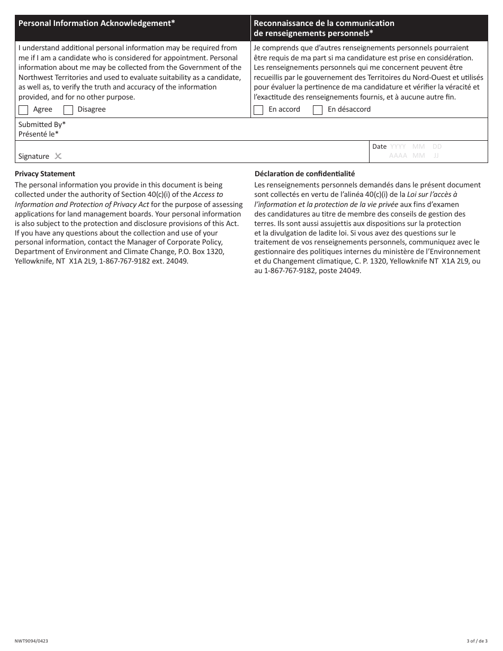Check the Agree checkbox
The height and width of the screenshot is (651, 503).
(23, 110)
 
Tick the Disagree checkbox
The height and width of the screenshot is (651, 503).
(68, 110)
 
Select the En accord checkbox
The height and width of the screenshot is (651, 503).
(258, 110)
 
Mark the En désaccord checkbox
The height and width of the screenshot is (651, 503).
(318, 110)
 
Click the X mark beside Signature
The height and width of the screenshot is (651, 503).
(58, 156)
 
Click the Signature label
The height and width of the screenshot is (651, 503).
(33, 156)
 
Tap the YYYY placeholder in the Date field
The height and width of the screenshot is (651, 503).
(398, 147)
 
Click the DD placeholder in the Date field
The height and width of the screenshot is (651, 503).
(437, 147)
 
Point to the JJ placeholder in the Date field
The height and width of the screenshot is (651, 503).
(436, 156)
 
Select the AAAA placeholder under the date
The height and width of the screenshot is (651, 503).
(398, 156)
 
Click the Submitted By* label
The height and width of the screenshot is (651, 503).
(42, 124)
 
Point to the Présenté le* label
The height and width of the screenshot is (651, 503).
(39, 134)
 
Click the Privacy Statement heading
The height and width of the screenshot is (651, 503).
(45, 174)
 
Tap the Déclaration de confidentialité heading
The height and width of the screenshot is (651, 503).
(304, 174)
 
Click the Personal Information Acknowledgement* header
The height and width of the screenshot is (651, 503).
(97, 23)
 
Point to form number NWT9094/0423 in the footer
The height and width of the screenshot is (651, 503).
(31, 641)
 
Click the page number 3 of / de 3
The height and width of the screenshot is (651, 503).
(477, 641)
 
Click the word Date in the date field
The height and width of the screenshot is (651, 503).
(379, 147)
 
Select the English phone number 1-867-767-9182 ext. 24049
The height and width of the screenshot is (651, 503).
(143, 261)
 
